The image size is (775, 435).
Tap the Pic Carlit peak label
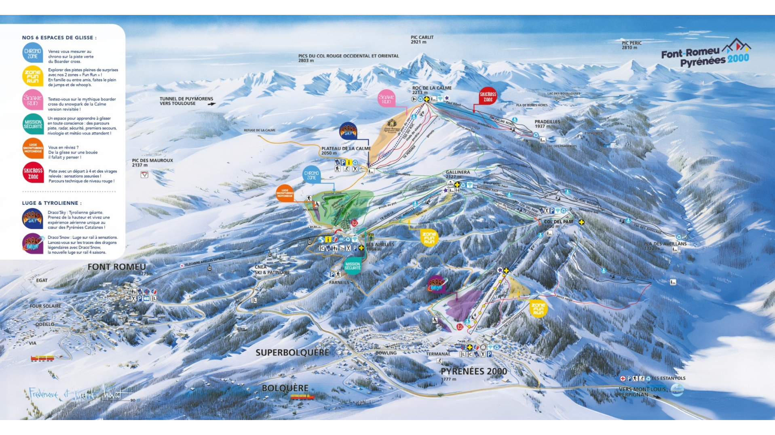pos(422,39)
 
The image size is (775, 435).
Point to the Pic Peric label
pos(631,45)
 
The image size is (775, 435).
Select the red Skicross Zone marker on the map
pos(488,97)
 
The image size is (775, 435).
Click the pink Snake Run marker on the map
pos(386,99)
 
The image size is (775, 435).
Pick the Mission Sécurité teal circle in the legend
pos(33,124)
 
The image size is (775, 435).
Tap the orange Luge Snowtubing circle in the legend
pos(33,148)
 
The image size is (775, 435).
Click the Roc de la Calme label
pos(432,90)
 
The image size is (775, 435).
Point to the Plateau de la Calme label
pos(346,150)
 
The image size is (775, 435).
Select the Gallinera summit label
pos(458,174)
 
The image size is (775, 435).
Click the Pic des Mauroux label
pos(152,162)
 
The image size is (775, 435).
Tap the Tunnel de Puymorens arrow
pos(211,104)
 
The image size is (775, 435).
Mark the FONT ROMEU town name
pos(116,267)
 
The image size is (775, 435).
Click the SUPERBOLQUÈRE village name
pos(292,353)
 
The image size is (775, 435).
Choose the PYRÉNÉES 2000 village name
pos(473,372)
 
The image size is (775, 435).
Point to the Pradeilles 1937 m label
pos(547,124)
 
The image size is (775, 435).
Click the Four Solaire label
pos(45,306)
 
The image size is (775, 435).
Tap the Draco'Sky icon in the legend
pos(32,219)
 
